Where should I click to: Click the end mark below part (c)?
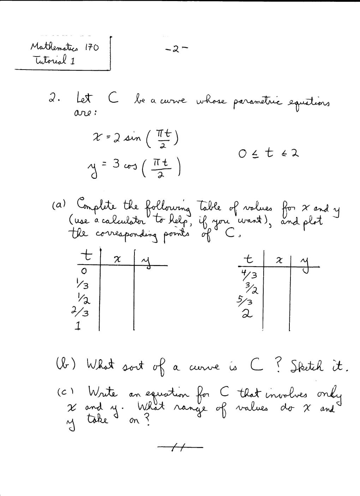point(180,448)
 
